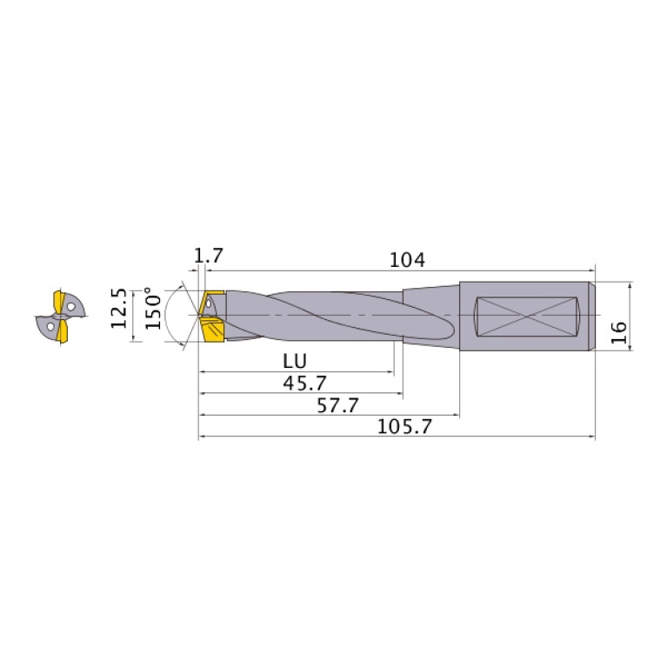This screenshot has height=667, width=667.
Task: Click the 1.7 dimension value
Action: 209,256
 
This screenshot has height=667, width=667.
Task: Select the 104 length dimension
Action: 407,260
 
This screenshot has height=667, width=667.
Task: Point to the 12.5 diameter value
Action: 119,309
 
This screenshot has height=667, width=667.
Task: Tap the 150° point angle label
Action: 153,309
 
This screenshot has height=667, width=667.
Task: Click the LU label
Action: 295,362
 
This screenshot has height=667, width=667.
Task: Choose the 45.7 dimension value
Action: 304,384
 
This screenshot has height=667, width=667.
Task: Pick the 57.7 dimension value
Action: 337,405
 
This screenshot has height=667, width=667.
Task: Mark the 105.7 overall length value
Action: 404,427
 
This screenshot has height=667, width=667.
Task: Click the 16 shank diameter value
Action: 619,333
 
